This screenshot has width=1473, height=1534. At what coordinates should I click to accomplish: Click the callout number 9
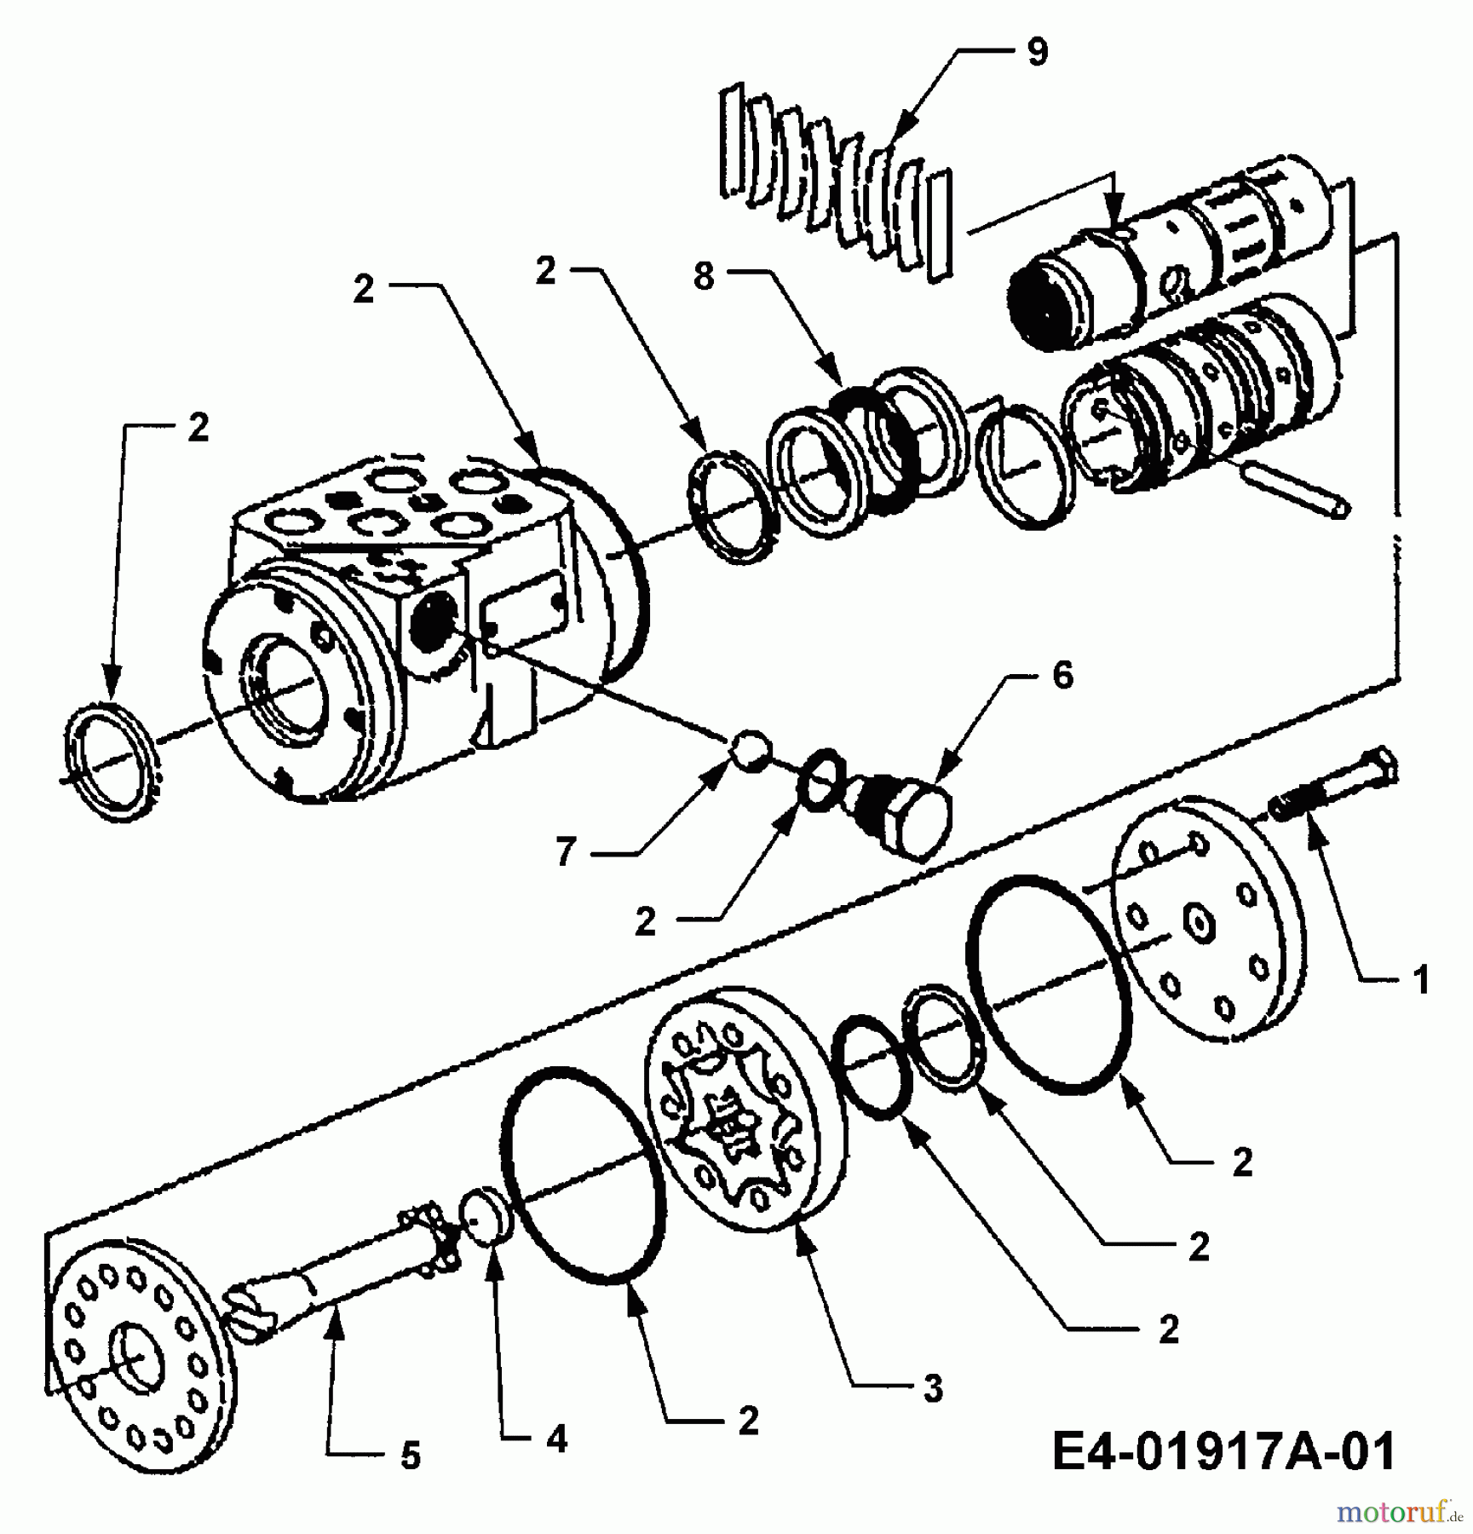click(x=1037, y=53)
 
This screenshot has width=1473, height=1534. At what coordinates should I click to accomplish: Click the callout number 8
click(x=703, y=276)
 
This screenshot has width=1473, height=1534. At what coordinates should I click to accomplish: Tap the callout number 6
click(x=1062, y=676)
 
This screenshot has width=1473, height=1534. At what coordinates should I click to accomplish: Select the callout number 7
click(x=566, y=851)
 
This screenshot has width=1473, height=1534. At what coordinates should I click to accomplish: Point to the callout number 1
click(x=1419, y=981)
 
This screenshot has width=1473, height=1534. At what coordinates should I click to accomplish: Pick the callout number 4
click(x=556, y=1439)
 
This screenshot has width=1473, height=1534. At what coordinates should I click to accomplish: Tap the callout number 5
click(x=411, y=1456)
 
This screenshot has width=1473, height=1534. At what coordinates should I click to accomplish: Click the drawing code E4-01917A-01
click(x=1223, y=1451)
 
